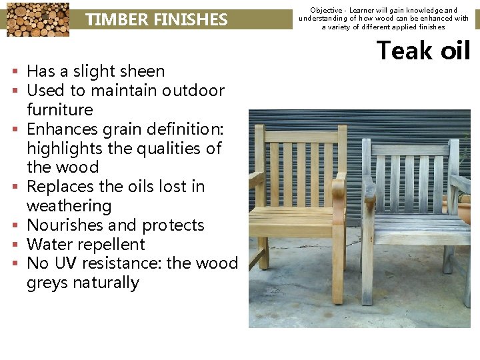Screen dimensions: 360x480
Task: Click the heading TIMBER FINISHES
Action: (x=157, y=20)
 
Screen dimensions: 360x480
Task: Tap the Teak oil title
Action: (x=423, y=51)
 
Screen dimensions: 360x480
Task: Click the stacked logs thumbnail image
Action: (x=37, y=19)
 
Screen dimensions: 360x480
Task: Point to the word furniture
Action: (x=60, y=109)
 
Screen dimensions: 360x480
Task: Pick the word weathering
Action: (x=69, y=206)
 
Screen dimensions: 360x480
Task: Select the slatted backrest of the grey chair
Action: (x=409, y=175)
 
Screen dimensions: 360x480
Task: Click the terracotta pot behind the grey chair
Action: (x=465, y=210)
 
